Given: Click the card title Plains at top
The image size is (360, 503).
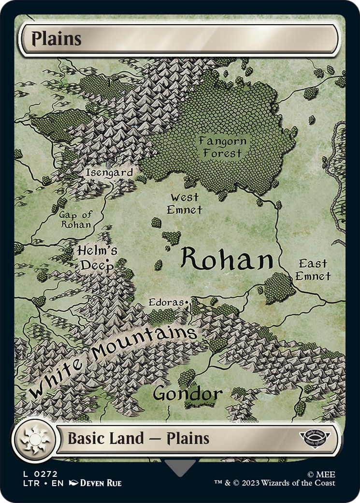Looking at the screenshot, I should pos(57,39).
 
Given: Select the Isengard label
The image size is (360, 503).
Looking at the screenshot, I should pos(109,173).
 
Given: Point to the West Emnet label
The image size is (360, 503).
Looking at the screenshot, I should pos(184,204).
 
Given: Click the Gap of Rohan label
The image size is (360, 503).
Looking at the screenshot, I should pos(76,220).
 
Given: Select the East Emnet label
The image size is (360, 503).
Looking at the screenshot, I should pos(313,270).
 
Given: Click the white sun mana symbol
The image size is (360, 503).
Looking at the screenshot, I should pos(34,439).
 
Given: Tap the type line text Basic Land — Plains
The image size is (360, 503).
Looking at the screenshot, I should pos(138,439).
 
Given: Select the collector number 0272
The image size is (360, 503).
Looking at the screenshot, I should pos(45,474).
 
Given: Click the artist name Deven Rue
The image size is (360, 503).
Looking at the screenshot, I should pos(100,483).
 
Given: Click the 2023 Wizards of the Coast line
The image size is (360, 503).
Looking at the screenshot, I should pos(275,483).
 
